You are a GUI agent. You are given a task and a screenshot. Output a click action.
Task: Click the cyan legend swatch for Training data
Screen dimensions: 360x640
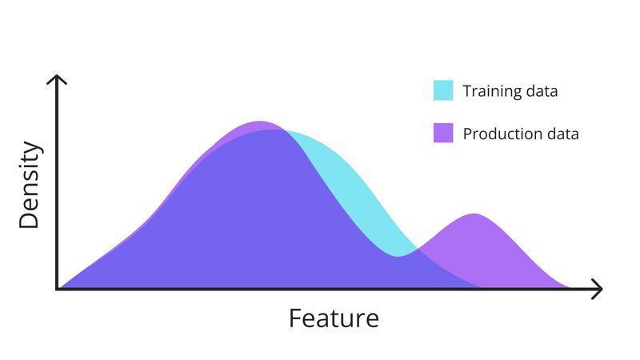[x=443, y=90]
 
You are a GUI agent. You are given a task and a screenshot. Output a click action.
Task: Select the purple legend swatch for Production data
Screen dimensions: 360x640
[x=443, y=133]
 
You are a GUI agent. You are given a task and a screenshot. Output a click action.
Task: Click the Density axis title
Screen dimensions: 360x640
[x=30, y=186]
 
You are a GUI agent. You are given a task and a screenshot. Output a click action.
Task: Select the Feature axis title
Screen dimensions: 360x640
[x=334, y=318]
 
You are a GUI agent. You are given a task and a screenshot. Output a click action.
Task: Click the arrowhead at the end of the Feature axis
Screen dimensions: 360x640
[x=597, y=289]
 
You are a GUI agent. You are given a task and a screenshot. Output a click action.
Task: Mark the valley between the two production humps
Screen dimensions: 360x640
[x=400, y=255]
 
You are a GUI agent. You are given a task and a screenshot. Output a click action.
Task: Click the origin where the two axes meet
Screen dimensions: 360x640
[x=58, y=289]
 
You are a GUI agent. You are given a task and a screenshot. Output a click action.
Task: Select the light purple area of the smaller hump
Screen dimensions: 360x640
[x=488, y=252]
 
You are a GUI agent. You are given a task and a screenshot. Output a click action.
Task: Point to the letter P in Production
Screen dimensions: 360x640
[x=468, y=134]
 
